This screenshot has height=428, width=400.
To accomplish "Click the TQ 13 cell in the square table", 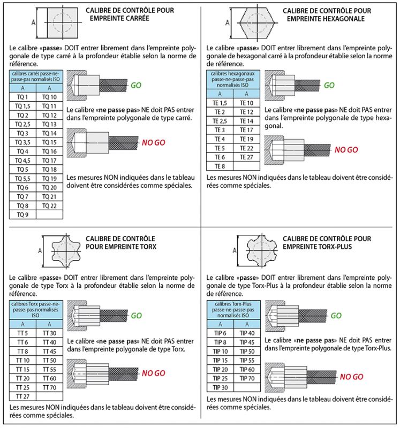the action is click(49, 124).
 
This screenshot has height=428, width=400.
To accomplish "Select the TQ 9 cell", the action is click(22, 215).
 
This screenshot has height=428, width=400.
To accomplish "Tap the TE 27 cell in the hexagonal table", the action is click(246, 157).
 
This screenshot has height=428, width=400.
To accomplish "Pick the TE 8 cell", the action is click(220, 166).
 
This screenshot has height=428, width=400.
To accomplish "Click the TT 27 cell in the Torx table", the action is click(22, 396).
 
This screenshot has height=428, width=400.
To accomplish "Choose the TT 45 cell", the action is click(49, 351).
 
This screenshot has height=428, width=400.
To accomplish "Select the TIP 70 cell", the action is click(247, 378).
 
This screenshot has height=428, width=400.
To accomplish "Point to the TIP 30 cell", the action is click(220, 387).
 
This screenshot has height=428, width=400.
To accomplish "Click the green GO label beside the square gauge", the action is click(136, 86).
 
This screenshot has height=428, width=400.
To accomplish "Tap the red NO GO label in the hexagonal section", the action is click(346, 150).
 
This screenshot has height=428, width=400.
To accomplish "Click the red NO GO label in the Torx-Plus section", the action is click(351, 377).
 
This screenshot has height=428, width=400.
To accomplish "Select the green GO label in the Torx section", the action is click(137, 316).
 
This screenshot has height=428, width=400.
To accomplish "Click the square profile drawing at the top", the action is click(63, 22).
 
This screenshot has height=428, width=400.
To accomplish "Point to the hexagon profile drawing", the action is click(257, 22).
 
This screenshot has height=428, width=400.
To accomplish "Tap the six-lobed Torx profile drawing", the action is click(66, 251).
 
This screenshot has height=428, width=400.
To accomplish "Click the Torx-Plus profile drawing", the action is click(262, 250).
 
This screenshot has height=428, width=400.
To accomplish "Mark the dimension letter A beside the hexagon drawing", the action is click(227, 23).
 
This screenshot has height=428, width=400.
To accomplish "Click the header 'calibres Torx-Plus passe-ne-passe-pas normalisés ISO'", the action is click(233, 310).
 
